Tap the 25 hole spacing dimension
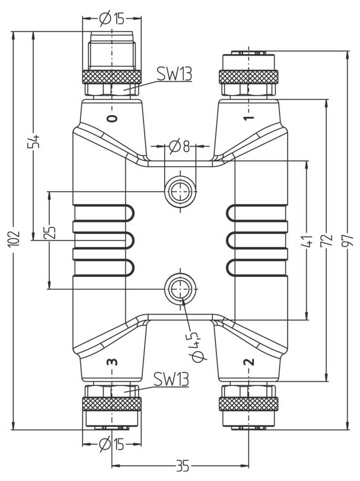[50, 233]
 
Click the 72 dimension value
[328, 240]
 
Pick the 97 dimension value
[348, 240]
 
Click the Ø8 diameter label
[179, 145]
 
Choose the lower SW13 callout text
[171, 379]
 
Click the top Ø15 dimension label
[111, 19]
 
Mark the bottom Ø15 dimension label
[111, 445]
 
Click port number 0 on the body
[111, 119]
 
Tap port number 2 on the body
[249, 361]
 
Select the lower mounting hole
[180, 288]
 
